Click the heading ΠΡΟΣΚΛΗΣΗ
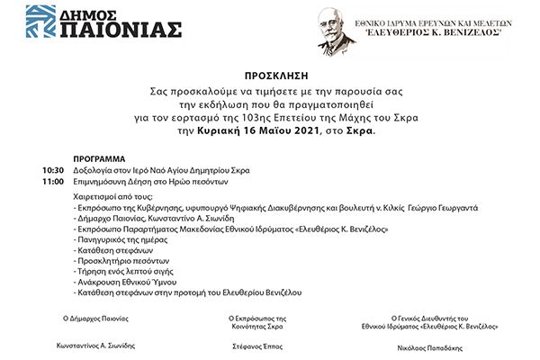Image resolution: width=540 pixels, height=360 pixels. point(270,78)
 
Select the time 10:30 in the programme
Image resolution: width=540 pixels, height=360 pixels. point(53,169)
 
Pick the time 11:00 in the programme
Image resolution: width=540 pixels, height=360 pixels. point(53,181)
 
